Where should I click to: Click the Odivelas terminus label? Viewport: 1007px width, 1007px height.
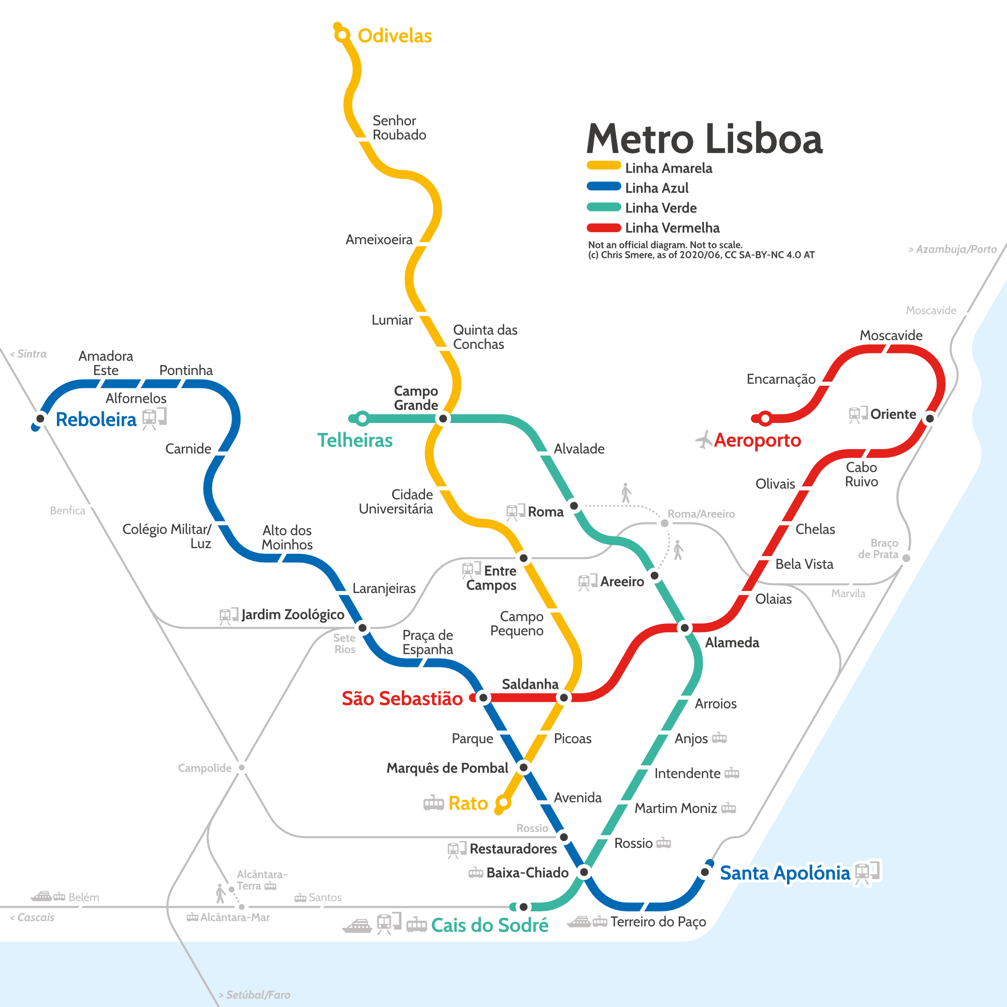point(395,36)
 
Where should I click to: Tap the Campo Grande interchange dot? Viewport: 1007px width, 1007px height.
point(443,418)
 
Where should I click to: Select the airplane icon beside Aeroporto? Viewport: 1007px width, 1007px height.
point(704,440)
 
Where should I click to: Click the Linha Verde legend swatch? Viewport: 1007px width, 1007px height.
point(604,207)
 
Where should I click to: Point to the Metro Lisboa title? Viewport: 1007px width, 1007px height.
point(704,139)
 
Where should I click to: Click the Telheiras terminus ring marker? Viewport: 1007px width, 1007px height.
point(362,418)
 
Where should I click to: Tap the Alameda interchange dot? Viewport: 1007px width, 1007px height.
point(685,628)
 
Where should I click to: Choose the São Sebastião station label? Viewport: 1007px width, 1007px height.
point(402,698)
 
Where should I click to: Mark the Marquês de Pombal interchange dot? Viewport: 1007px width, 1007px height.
point(524,767)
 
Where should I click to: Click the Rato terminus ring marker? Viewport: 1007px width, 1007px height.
point(502,803)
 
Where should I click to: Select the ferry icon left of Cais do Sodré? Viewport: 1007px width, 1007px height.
point(357,926)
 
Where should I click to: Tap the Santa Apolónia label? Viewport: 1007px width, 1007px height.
point(784,873)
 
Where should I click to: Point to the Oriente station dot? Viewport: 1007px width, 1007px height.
point(930,418)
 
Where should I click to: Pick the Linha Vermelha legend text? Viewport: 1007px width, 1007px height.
point(672,228)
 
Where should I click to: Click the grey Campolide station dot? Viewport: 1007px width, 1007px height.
point(242,767)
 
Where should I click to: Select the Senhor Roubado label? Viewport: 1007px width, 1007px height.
point(399,128)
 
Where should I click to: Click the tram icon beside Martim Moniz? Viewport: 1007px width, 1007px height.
point(729,809)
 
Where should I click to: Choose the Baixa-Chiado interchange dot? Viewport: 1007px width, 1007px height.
point(584,872)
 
